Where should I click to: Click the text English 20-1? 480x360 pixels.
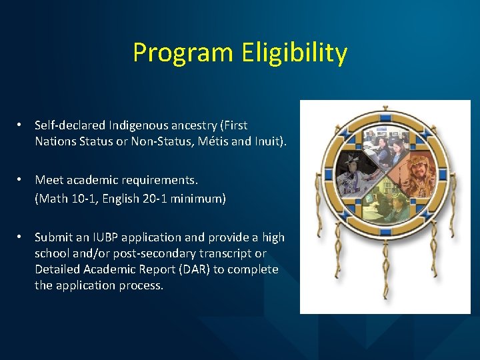pos(131,199)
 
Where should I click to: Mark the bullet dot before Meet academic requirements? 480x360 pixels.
pos(21,180)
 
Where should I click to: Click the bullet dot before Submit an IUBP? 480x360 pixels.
pos(21,237)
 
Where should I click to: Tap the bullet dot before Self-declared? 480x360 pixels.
pos(21,125)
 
